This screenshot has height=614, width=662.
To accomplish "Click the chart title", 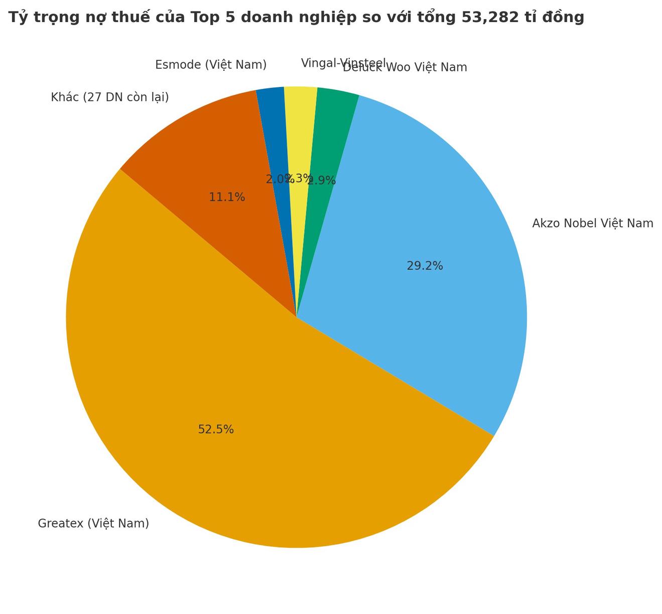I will coord(296,17).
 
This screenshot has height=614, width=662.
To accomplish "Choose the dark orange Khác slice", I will coord(211,151).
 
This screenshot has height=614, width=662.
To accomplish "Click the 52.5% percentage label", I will coord(216,430).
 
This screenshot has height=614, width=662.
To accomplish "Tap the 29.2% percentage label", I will coord(425,266).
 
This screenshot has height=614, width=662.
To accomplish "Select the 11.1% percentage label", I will coord(227,197).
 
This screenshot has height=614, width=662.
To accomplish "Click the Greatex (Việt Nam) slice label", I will coord(93,524).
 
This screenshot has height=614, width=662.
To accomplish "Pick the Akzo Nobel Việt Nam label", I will coord(592,224).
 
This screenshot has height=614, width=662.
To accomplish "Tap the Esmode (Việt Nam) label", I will coord(210,65).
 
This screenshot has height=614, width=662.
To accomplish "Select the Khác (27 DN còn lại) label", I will coord(109,97).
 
